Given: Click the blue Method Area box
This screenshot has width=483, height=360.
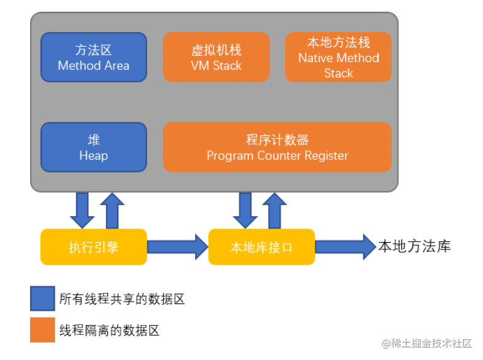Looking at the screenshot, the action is point(94,57).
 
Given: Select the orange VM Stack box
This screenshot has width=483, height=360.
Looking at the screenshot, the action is point(216,57).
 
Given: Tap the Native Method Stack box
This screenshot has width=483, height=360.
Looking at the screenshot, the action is point(338,57).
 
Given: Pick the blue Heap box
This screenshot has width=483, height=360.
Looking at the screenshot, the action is point(94,147).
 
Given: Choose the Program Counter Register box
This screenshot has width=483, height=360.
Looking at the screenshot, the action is point(277,147).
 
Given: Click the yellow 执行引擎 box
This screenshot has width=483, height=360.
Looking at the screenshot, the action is point(94,247).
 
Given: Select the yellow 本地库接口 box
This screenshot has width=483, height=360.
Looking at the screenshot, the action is point(261,247).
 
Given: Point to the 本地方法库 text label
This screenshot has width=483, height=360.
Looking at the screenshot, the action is point(415,246).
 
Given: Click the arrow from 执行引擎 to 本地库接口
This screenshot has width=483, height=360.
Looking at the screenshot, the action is point(178,247).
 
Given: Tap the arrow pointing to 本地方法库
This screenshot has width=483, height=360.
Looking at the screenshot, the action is point(346,247).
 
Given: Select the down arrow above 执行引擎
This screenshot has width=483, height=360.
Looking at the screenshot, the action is point(82,211).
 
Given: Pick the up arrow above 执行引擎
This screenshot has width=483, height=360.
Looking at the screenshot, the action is point(112,211).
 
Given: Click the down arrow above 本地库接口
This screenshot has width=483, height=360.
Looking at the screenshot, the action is point(245,211).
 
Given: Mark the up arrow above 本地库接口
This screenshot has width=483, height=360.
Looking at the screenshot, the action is point(274,211).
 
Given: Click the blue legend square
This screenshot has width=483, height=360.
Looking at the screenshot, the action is point(42,299).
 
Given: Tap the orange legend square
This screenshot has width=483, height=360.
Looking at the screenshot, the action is point(42,330).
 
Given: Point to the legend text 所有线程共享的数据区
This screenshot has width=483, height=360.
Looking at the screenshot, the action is point(122,299).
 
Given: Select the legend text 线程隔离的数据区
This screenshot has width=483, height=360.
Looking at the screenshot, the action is point(109,331).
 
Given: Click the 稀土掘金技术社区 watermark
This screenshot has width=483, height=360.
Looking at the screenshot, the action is point(427,343).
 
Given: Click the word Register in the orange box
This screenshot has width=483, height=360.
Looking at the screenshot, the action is point(327,155).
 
